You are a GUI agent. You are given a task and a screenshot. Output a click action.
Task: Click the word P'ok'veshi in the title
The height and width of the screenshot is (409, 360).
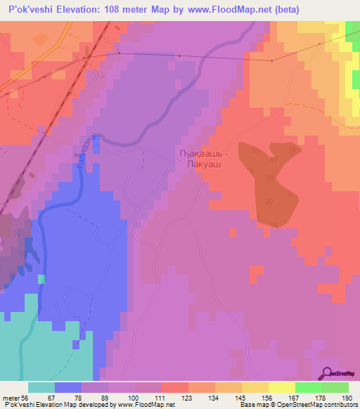(x=30, y=9)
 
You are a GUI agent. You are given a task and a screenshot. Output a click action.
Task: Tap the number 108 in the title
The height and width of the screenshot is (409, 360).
(x=120, y=9)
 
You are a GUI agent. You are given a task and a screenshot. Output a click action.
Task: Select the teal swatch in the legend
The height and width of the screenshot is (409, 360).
(x=41, y=387)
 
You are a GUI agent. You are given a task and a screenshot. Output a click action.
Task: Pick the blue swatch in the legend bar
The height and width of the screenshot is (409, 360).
(x=68, y=387)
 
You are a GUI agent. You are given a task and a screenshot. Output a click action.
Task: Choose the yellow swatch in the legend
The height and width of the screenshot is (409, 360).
(x=281, y=387)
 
